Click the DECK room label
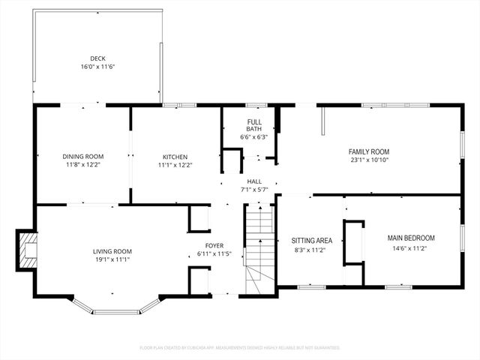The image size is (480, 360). (x=97, y=58)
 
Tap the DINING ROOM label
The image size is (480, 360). (x=82, y=157)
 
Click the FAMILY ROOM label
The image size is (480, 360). (x=369, y=151)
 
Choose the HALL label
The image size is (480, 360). (x=254, y=181)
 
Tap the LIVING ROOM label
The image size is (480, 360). (x=112, y=251)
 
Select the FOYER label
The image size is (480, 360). (x=214, y=245)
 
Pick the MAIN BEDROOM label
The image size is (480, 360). (x=410, y=238)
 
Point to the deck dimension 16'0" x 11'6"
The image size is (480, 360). (x=97, y=66)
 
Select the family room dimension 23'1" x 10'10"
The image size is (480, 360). (x=369, y=160)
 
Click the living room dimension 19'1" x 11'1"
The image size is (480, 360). (x=112, y=259)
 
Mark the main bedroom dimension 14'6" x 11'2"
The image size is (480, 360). (x=410, y=247)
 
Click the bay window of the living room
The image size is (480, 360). (x=116, y=308)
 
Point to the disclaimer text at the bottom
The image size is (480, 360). (x=240, y=348)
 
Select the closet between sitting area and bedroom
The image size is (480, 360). (x=352, y=242)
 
